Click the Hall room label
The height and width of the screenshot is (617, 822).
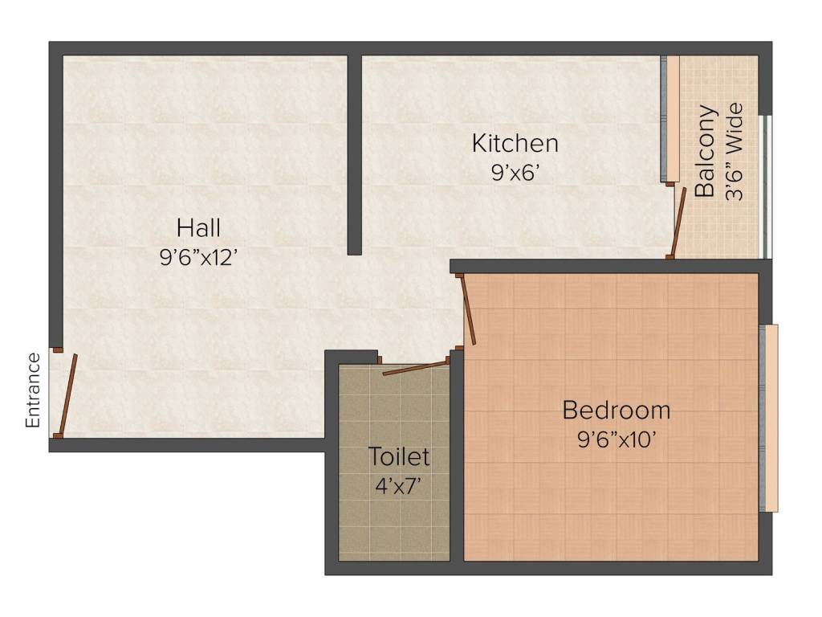(198, 228)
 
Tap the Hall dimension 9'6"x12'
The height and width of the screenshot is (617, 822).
(198, 257)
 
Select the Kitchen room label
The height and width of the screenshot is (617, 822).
(515, 145)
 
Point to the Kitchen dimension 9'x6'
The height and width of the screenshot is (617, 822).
(515, 173)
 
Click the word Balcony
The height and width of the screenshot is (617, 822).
(706, 151)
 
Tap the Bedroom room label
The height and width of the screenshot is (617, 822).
(616, 411)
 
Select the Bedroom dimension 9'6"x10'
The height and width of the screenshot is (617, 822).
(616, 439)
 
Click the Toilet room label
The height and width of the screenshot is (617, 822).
(398, 458)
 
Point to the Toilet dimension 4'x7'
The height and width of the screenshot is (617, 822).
(398, 486)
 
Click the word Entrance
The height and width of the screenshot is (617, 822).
(33, 390)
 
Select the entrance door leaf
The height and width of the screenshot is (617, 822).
(67, 394)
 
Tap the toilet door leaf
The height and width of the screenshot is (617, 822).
(415, 368)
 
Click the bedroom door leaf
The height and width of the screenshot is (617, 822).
(467, 309)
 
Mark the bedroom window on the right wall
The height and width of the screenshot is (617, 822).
(771, 418)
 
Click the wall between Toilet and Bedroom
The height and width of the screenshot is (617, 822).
(458, 458)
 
